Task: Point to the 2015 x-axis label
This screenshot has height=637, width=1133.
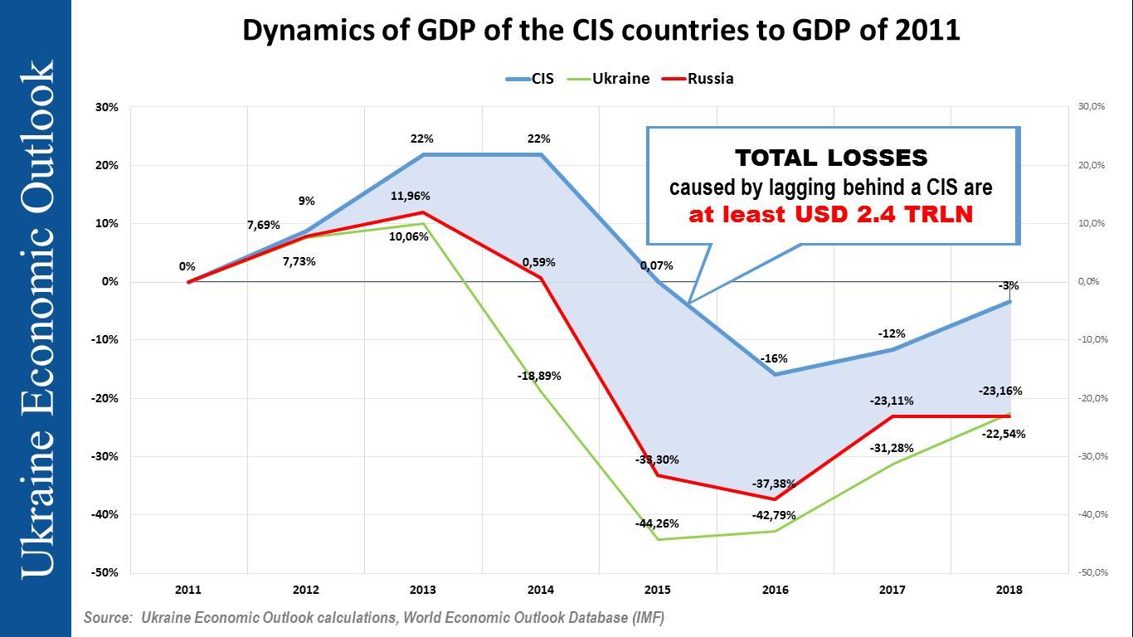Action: (659, 591)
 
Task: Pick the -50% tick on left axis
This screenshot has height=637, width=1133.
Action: (106, 573)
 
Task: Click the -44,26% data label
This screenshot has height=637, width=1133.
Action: (657, 523)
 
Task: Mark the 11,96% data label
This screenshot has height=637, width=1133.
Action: (425, 197)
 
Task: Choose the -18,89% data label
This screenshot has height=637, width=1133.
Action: (540, 376)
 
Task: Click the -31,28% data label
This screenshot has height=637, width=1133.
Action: (892, 449)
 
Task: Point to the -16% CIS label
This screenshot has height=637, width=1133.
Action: (776, 359)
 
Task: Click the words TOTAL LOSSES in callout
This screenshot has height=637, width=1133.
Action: (831, 158)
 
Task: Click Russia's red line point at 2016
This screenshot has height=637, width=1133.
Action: (776, 499)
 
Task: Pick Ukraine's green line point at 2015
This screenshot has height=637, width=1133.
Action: (659, 539)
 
